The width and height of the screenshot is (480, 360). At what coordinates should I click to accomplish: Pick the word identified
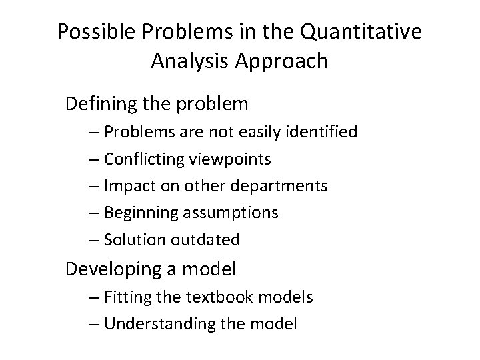[x=321, y=132]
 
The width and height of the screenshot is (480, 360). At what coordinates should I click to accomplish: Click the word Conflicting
[x=141, y=159]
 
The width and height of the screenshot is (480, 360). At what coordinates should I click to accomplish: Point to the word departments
[x=285, y=186]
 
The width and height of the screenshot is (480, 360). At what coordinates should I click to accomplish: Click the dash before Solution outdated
[x=93, y=240]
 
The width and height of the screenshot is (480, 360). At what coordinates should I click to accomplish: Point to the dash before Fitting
[x=93, y=297]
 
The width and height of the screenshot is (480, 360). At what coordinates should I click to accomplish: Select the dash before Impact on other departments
[x=93, y=186]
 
